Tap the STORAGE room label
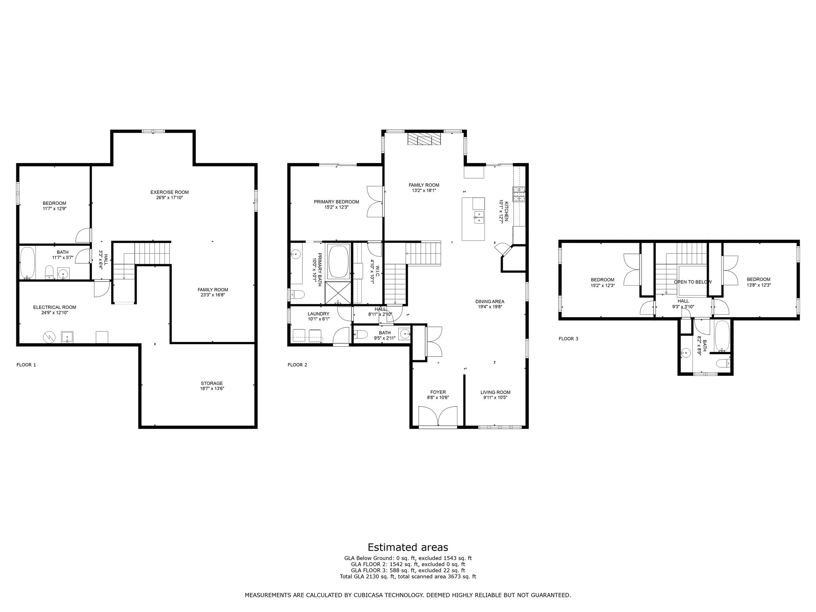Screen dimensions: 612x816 point(212,383)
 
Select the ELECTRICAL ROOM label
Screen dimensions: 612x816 point(55,307)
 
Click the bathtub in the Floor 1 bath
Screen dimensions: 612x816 point(27,263)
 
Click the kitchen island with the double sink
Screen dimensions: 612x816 point(473,219)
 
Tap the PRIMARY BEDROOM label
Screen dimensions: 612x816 point(336,202)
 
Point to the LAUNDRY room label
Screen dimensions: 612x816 point(318,314)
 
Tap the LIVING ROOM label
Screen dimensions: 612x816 point(495,392)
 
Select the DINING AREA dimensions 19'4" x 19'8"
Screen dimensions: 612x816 point(490,307)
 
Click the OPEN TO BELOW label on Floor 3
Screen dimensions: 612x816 point(692,282)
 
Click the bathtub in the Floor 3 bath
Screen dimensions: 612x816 point(722,337)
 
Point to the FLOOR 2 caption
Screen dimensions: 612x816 point(297,365)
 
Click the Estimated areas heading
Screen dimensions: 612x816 point(408,547)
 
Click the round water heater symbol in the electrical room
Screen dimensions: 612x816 point(49,337)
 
